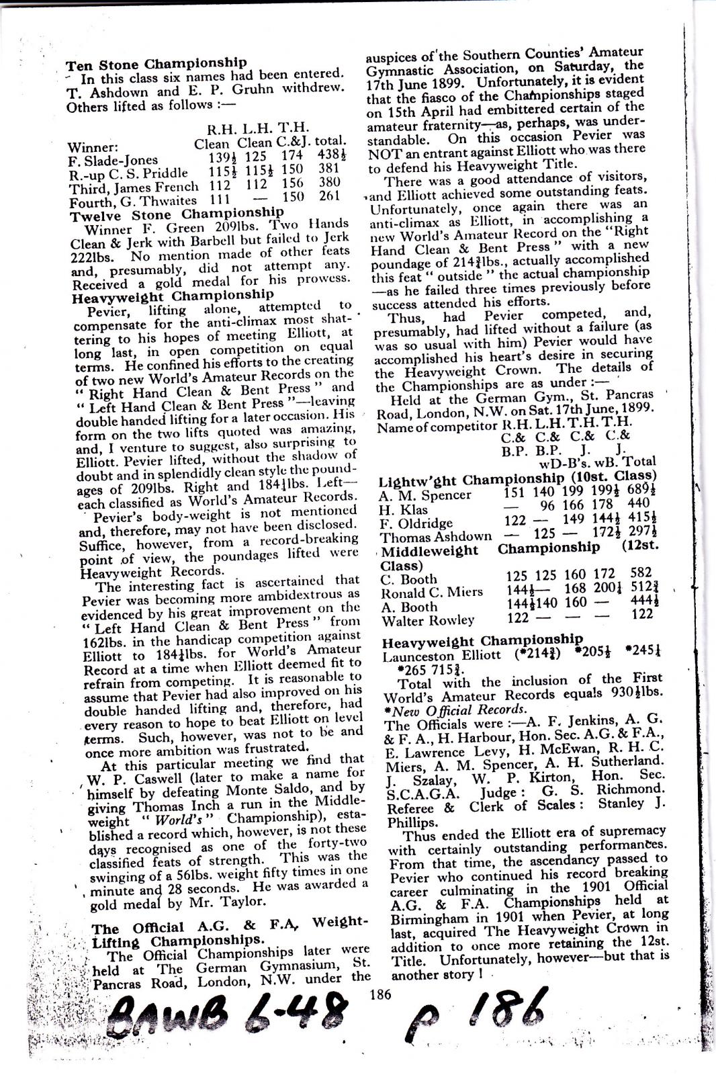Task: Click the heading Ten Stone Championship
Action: point(156,64)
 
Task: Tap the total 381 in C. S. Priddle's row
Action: point(329,169)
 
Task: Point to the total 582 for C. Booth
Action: point(641,573)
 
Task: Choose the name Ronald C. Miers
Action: point(431,593)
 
